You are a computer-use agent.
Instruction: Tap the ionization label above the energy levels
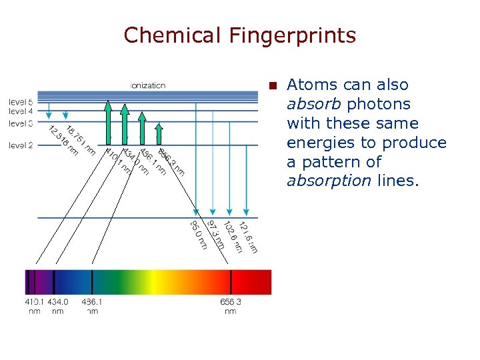point(148,85)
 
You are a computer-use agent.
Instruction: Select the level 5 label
point(21,102)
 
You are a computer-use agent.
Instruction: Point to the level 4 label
point(21,111)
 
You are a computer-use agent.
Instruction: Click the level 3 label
point(21,123)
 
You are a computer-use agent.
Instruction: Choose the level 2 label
point(21,145)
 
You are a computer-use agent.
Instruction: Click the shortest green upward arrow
point(159,133)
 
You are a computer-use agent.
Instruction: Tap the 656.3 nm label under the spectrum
point(230,306)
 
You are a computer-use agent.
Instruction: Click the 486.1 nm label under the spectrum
point(92,306)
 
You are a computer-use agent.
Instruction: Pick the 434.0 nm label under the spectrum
point(57,306)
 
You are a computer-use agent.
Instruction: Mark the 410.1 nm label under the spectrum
point(34,306)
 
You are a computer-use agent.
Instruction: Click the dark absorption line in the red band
point(231,282)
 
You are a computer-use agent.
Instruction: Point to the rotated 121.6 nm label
point(248,237)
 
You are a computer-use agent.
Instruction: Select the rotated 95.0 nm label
point(199,235)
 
